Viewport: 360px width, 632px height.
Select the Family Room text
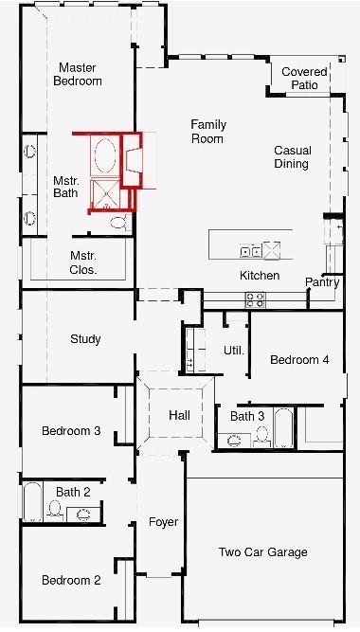[x=207, y=132]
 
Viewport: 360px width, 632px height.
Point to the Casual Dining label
[x=291, y=157]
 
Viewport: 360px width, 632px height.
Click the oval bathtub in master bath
[x=105, y=154]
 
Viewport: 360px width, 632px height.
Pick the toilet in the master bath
[x=117, y=222]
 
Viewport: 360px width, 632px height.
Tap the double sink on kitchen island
[x=251, y=252]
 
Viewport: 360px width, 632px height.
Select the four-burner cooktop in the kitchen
[x=256, y=299]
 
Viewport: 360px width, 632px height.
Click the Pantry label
[x=322, y=282]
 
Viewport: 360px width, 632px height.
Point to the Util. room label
[x=234, y=351]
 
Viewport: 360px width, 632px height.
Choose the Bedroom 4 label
[x=299, y=360]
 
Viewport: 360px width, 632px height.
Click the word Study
[x=85, y=339]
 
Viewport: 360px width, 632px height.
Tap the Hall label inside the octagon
[x=180, y=416]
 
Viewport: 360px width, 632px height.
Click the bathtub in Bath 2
[x=31, y=502]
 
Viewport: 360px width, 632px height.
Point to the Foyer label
[x=163, y=522]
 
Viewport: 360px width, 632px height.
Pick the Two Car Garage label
[x=262, y=552]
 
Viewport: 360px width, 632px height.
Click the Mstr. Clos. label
[x=83, y=262]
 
